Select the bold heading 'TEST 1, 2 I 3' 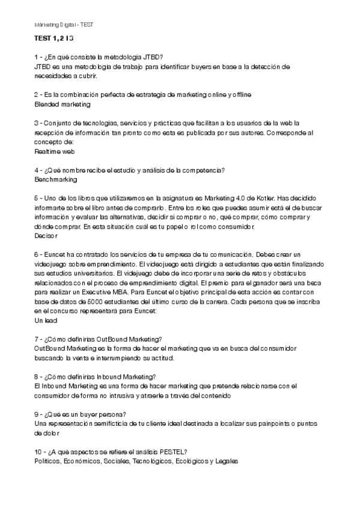click(54, 39)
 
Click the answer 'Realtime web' click(55, 152)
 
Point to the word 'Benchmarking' click(56, 179)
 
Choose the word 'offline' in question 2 click(240, 95)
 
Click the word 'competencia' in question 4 click(204, 170)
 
